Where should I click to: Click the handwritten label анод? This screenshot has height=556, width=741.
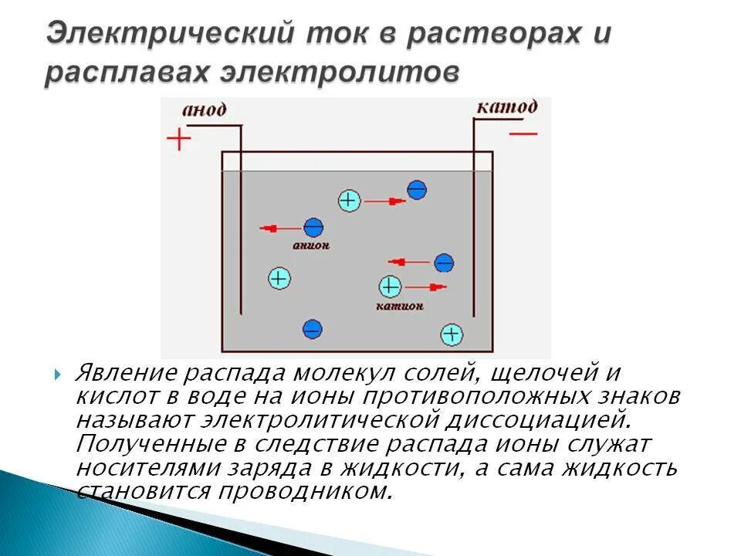204,110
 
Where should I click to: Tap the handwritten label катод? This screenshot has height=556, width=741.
506,107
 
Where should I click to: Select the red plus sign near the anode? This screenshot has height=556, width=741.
179,140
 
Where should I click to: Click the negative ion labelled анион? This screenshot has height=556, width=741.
313,228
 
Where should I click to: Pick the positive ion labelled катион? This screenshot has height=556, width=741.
390,287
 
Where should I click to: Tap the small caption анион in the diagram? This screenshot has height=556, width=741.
313,246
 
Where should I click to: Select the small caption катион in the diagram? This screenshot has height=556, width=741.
400,306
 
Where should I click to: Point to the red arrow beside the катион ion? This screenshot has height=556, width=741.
426,287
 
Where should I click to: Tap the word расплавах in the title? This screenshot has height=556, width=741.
127,73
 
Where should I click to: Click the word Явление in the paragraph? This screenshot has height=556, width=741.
123,374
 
